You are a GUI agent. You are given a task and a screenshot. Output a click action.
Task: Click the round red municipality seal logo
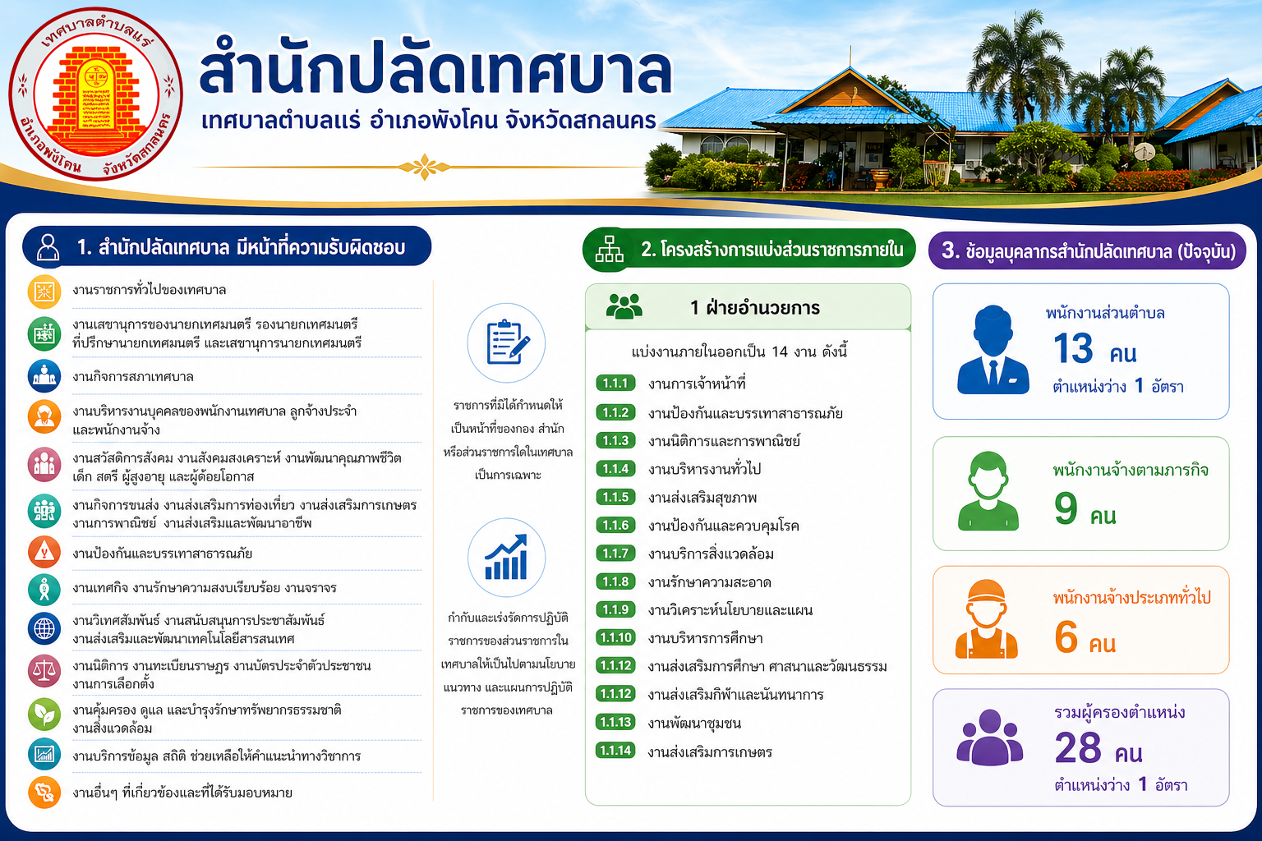[x=96, y=94]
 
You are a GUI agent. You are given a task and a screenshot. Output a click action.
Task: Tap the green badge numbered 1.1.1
[x=615, y=384]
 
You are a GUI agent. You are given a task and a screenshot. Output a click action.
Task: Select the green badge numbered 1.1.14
[x=615, y=751]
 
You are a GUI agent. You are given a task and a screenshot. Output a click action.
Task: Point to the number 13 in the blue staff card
[x=1073, y=348]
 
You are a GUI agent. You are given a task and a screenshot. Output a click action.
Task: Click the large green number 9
[x=1066, y=508]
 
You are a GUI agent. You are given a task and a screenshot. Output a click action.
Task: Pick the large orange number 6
[x=1066, y=636]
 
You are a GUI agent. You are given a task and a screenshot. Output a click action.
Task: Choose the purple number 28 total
[x=1078, y=747]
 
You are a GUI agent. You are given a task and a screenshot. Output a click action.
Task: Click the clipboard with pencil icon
[x=506, y=342]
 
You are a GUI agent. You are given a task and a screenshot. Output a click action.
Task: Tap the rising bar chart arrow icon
[x=506, y=557]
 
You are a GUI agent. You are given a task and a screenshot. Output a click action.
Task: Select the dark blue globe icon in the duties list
[x=44, y=628]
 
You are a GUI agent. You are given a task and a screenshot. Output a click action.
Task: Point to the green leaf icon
[x=44, y=715]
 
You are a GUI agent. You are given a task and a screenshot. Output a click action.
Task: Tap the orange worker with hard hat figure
[x=986, y=619]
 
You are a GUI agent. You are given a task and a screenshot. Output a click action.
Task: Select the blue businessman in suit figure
[x=993, y=350]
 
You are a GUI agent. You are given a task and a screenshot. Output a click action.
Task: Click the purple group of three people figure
[x=989, y=738]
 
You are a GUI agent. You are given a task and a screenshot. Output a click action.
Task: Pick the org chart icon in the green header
[x=610, y=250]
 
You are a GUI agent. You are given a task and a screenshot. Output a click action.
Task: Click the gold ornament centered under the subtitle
[x=424, y=167]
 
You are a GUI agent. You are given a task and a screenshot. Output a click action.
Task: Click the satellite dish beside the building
[x=1145, y=152]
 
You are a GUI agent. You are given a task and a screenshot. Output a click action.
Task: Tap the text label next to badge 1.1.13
[x=694, y=723]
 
